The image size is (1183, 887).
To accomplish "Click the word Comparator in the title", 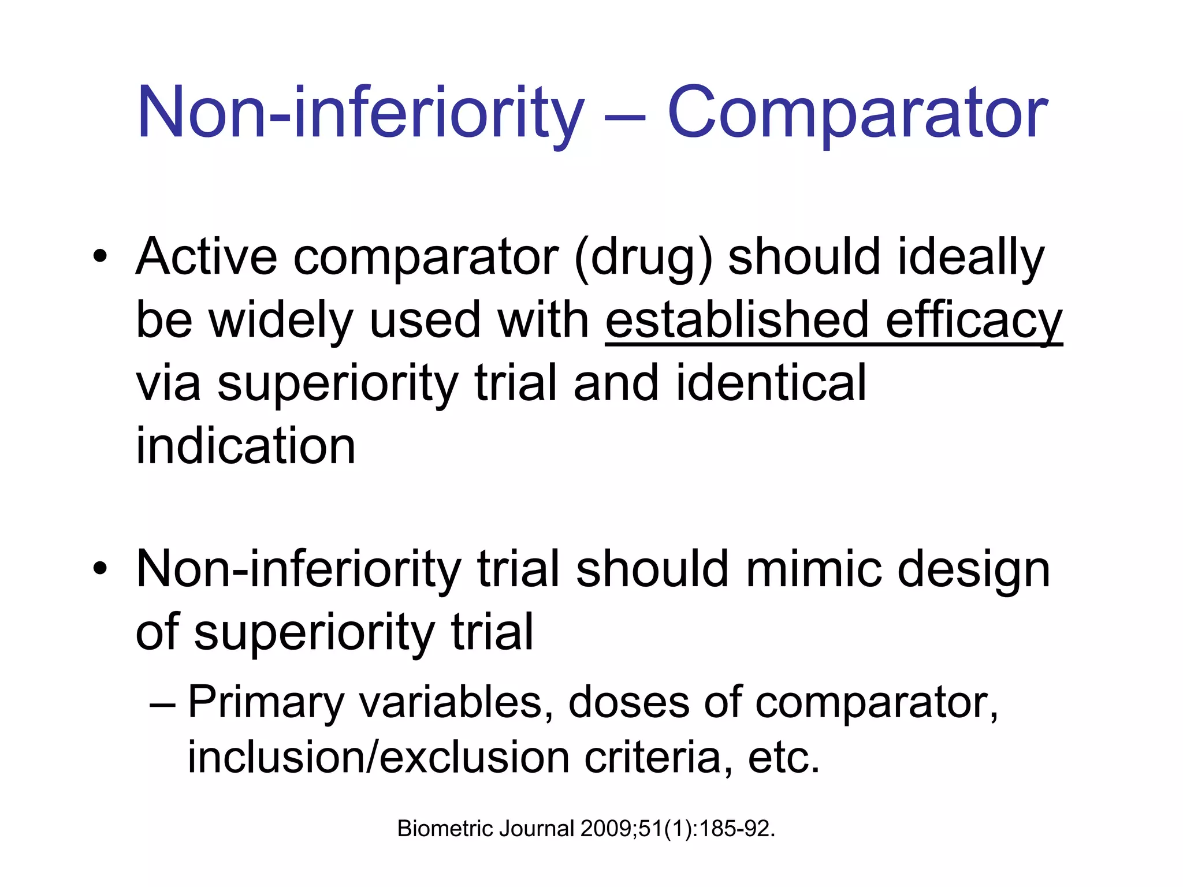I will [857, 113].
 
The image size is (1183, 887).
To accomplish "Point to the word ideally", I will [970, 258].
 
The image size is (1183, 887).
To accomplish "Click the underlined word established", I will [737, 320].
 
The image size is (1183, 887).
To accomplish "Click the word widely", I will [281, 320].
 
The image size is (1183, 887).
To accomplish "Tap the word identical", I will [771, 383].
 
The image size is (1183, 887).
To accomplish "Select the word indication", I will [245, 446].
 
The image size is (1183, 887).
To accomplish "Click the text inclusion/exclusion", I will [378, 758].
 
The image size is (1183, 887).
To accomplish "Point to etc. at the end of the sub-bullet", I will [784, 758].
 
